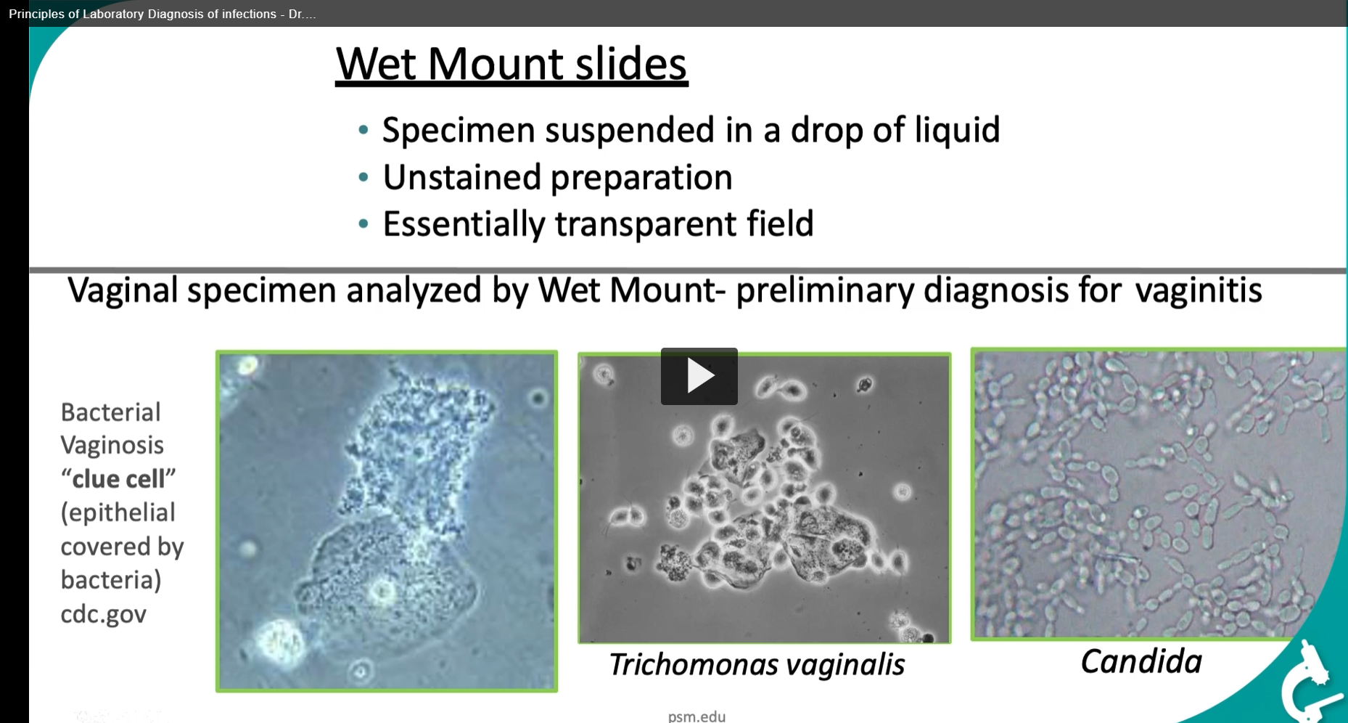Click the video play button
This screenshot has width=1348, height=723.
click(x=699, y=376)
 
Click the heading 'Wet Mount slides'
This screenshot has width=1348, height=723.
click(x=511, y=64)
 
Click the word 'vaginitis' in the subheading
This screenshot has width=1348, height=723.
click(x=1198, y=291)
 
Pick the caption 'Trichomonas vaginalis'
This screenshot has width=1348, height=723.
click(x=756, y=664)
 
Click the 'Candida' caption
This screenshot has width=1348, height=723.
click(x=1141, y=661)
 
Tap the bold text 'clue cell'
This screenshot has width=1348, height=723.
click(x=118, y=479)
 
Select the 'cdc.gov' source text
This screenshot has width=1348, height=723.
click(x=103, y=614)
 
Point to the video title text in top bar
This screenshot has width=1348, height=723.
click(x=162, y=14)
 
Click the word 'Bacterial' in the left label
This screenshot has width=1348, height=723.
click(x=110, y=412)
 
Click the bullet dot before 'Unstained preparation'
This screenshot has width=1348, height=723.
click(x=363, y=177)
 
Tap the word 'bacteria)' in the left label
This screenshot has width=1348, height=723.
click(x=110, y=580)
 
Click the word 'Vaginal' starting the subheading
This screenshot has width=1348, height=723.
click(x=122, y=291)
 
